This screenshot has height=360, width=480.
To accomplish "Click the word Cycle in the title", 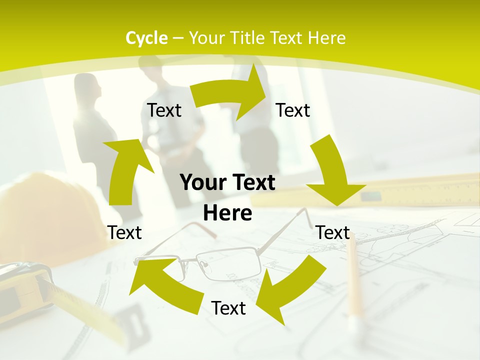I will (146, 38).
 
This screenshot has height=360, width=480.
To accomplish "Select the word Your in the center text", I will (200, 183).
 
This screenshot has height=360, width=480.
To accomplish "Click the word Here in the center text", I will (227, 213).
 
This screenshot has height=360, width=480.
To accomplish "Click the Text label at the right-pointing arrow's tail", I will (164, 110).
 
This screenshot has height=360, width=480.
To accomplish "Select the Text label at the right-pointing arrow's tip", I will (293, 110).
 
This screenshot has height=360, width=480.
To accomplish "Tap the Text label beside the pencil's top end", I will (333, 232).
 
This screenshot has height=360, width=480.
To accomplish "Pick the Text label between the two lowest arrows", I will (228, 308).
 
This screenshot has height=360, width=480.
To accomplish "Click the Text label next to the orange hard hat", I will (124, 232).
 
